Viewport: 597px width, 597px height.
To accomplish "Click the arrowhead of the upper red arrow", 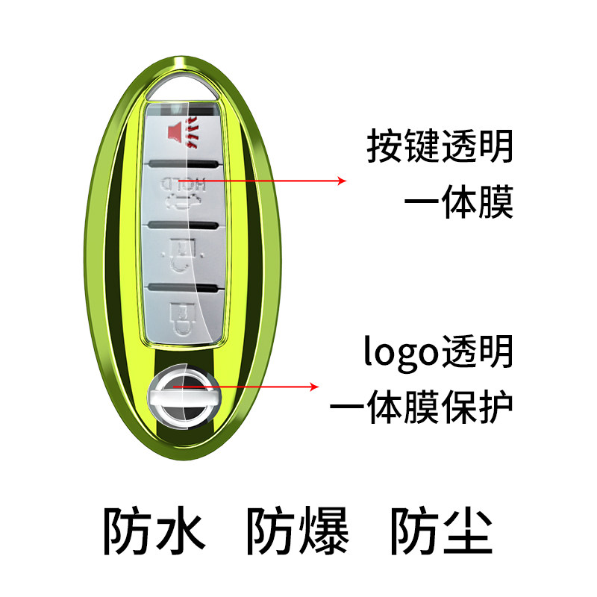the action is click(x=343, y=181).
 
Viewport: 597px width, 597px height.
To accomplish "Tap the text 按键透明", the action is click(x=440, y=146).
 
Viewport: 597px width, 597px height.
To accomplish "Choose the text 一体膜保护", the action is click(x=422, y=406).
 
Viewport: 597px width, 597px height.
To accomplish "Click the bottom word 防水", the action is click(x=153, y=531).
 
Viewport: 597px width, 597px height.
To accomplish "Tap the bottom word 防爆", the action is click(x=297, y=531).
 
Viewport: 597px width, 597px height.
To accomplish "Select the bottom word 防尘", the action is click(x=441, y=531).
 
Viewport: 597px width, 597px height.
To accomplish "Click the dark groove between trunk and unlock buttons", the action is click(x=182, y=223).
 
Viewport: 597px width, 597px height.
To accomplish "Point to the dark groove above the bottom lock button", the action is click(x=182, y=287).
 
